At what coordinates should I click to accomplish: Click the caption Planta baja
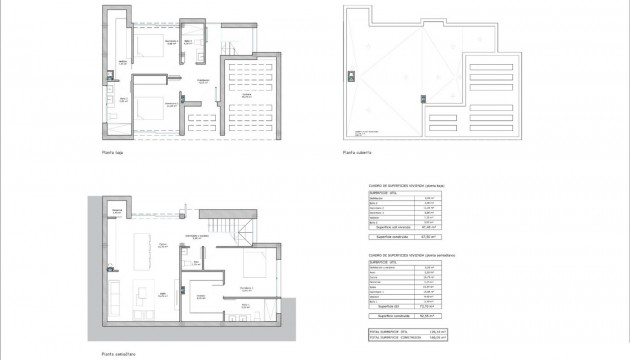pos(112,153)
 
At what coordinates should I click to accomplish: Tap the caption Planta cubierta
pos(357,153)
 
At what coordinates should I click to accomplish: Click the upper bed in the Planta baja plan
pos(153,45)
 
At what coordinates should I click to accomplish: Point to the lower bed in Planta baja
pos(151,107)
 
